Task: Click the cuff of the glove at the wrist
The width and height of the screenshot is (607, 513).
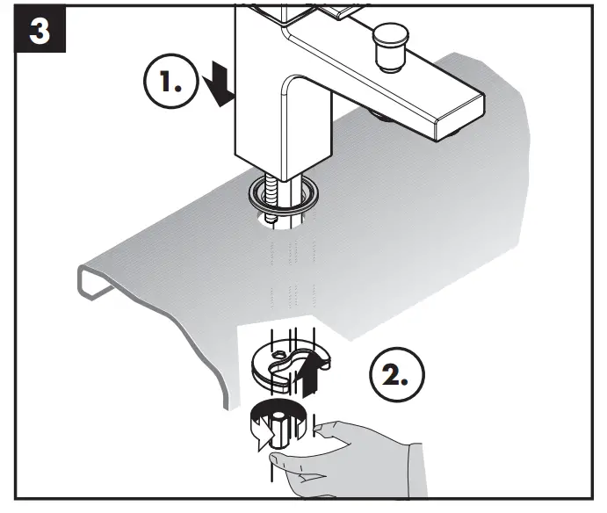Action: click(x=413, y=474)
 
